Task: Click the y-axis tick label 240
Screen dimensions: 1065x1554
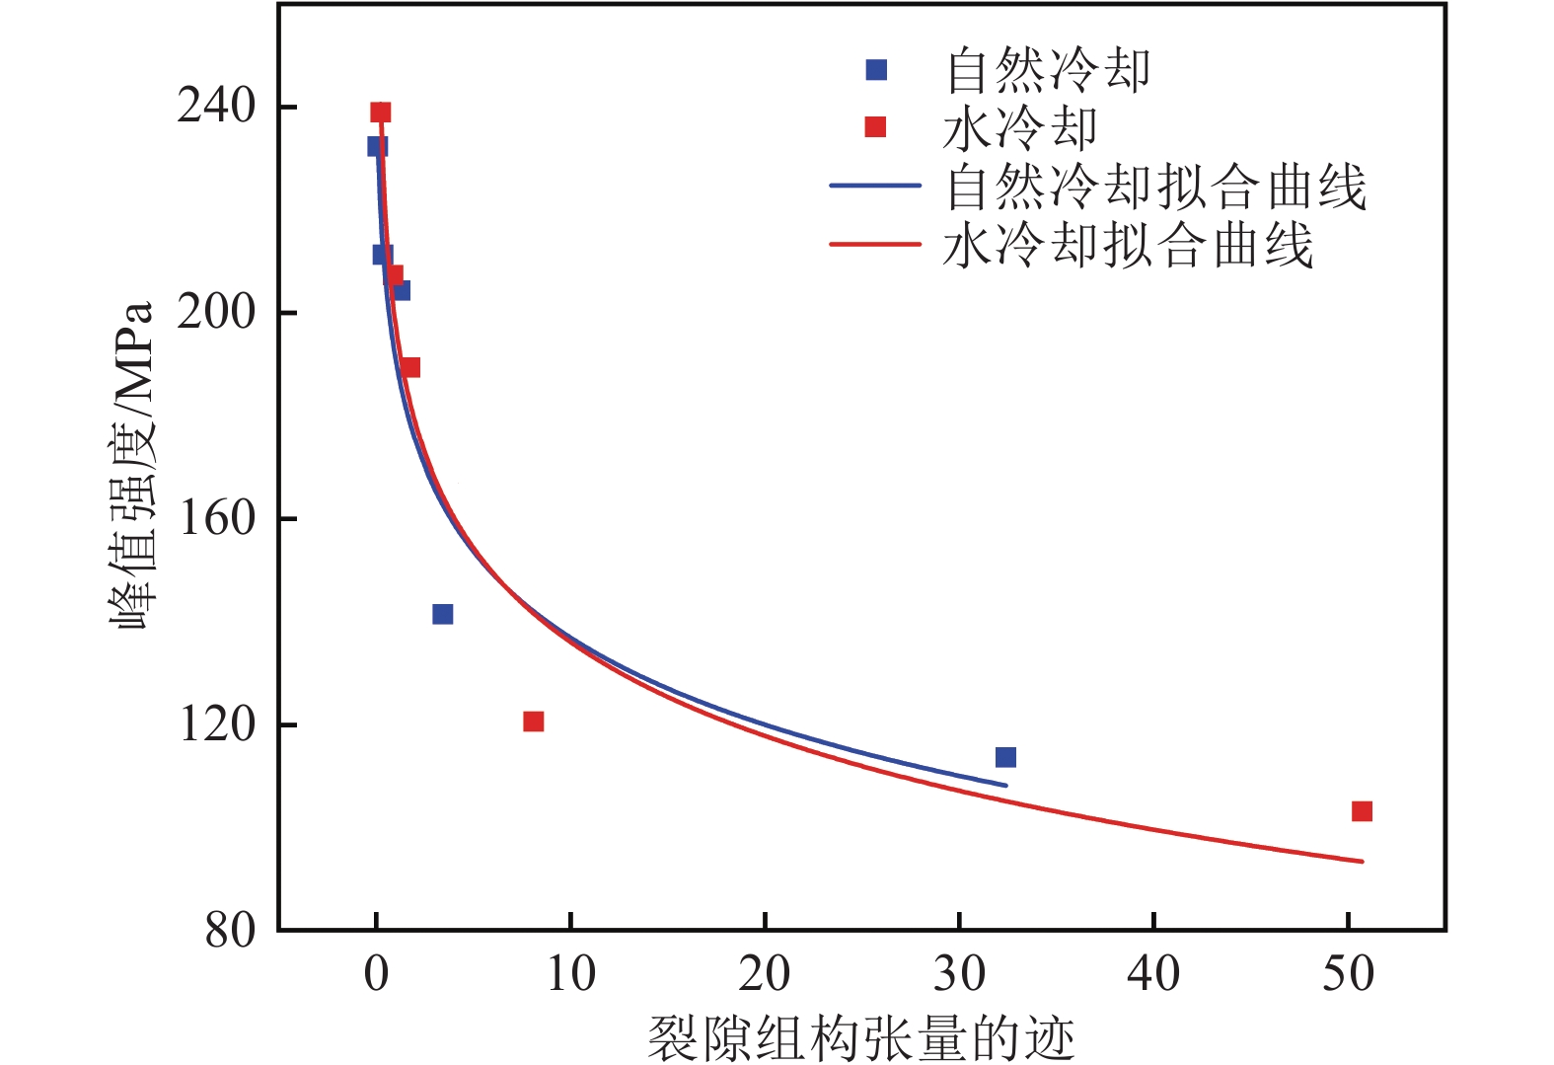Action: [216, 106]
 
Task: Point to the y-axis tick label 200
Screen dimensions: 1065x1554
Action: [216, 312]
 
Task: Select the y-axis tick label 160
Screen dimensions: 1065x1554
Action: [216, 518]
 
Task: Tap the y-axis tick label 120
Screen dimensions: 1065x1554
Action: [216, 724]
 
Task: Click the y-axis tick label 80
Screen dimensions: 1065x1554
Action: [229, 930]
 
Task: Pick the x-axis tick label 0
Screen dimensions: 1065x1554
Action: [376, 975]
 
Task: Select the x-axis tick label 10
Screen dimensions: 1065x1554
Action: [570, 975]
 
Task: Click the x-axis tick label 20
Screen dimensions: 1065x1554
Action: [765, 975]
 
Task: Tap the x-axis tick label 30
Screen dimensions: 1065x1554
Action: [959, 975]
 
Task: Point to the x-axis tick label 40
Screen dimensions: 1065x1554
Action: [1153, 975]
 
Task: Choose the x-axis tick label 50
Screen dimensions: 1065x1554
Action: [1348, 975]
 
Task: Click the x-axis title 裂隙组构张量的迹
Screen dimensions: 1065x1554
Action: [860, 1037]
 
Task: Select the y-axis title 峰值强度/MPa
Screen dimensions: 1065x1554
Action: [133, 465]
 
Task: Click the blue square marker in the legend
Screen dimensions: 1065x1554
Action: [876, 70]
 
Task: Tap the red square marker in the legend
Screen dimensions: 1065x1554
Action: [875, 127]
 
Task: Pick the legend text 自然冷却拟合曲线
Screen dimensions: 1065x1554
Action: [1156, 186]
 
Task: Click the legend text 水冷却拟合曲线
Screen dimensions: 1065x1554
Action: [1128, 244]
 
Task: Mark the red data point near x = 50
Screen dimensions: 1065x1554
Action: [1362, 811]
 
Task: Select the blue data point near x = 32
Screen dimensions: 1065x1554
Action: [1005, 757]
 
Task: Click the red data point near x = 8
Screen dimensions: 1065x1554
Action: [534, 722]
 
